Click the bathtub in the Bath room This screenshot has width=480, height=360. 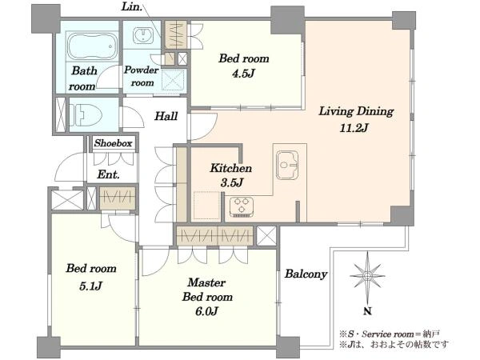click(x=92, y=46)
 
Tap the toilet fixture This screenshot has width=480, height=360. click(x=86, y=115)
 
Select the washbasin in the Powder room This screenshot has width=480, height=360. click(x=143, y=34)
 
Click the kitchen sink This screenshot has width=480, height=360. click(x=287, y=165)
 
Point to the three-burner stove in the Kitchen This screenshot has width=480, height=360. click(x=242, y=207)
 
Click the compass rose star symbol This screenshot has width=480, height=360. click(x=367, y=276)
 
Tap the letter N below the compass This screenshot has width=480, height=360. click(x=367, y=311)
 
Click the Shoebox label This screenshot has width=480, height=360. click(x=113, y=143)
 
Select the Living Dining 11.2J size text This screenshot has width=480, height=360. click(x=354, y=127)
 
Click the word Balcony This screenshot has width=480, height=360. click(x=306, y=274)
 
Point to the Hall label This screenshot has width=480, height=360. click(x=166, y=116)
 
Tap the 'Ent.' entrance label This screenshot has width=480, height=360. click(x=108, y=174)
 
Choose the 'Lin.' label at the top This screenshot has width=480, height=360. click(x=132, y=6)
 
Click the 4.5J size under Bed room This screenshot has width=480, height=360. click(x=243, y=74)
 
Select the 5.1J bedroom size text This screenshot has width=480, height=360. click(x=90, y=286)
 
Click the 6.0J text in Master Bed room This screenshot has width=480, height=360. click(x=206, y=311)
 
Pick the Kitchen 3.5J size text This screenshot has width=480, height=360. click(x=232, y=182)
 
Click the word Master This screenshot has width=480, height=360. click(x=206, y=282)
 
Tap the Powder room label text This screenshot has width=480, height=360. click(x=142, y=76)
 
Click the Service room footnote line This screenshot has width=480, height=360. click(x=390, y=334)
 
